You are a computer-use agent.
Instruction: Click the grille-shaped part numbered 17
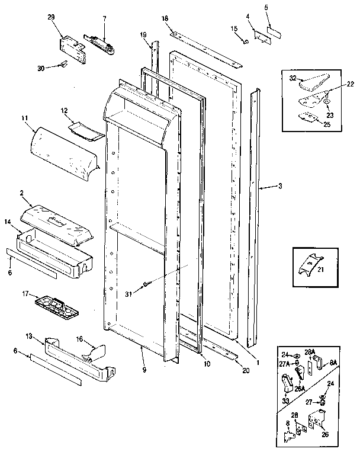point(58,303)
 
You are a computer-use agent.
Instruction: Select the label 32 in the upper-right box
point(293,77)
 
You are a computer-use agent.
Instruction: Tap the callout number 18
point(165,19)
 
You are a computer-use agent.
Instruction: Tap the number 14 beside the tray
point(8,222)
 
